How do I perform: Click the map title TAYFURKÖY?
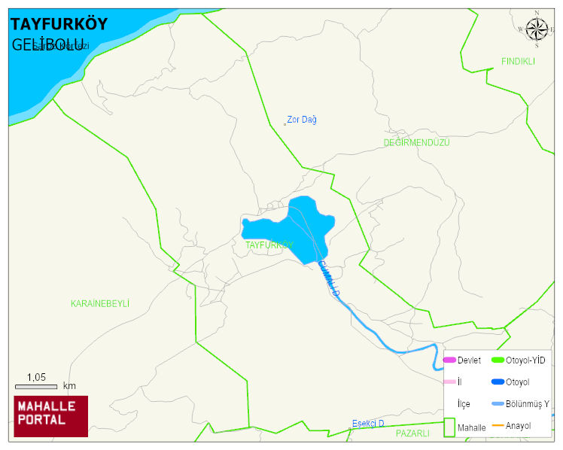tap(59, 24)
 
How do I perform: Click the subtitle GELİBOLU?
tap(47, 44)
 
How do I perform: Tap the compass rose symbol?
tap(537, 29)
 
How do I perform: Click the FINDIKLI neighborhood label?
tap(518, 62)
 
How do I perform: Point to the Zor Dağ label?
tap(301, 120)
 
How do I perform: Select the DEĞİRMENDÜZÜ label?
tap(416, 142)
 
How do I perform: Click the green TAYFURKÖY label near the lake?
tap(269, 245)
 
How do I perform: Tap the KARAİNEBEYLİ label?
tap(100, 303)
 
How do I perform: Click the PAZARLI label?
tap(412, 433)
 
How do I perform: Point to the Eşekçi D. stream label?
tap(368, 424)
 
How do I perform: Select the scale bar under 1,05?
tap(36, 386)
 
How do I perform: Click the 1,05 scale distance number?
tap(36, 377)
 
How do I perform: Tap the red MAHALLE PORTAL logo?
tap(51, 416)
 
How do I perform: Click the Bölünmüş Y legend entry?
tap(527, 404)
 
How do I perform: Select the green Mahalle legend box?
tap(449, 426)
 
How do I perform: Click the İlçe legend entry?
tap(464, 404)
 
